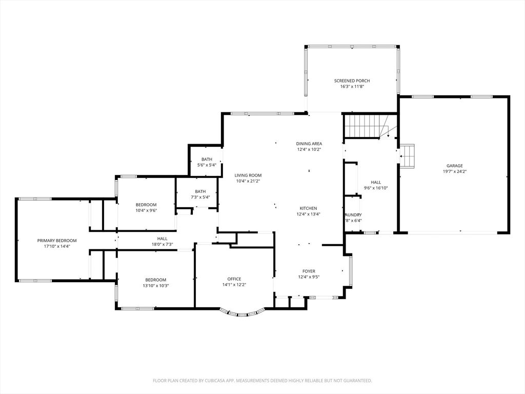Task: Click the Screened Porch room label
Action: coord(352,81)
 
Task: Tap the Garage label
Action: coord(454,166)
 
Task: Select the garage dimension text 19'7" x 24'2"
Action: coord(454,172)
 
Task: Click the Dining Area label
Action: coord(309,144)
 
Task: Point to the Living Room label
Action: coord(248,175)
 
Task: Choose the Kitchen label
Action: coord(308,208)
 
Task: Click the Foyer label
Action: coord(309,271)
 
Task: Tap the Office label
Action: coord(234,279)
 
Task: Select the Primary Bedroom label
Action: coord(57,241)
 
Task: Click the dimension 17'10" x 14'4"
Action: coord(57,246)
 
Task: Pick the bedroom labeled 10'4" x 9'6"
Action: coord(146,205)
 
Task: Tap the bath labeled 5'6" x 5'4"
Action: coord(207,160)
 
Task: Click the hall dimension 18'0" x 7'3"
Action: coord(162,244)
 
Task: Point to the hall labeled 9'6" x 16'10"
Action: coord(376,182)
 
